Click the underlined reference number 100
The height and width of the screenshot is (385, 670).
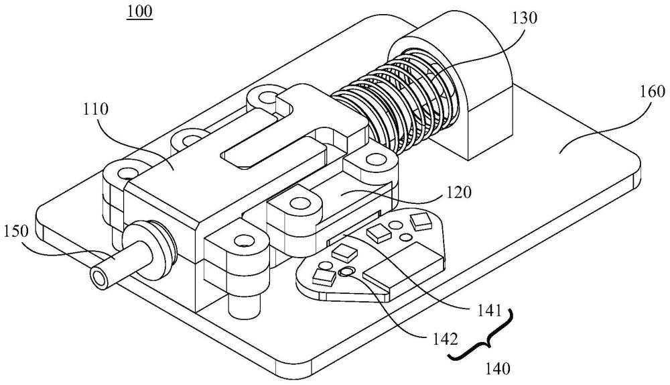click(x=139, y=11)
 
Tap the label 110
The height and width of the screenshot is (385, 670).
click(x=96, y=110)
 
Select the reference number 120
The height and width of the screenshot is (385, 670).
click(x=459, y=192)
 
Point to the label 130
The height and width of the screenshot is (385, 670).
click(x=525, y=18)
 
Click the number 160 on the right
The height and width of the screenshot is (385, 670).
click(x=652, y=91)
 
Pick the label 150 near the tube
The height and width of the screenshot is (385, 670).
click(x=16, y=231)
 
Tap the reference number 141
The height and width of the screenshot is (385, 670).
click(x=486, y=311)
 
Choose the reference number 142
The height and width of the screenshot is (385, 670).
click(x=444, y=339)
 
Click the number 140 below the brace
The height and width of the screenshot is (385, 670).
click(x=498, y=368)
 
